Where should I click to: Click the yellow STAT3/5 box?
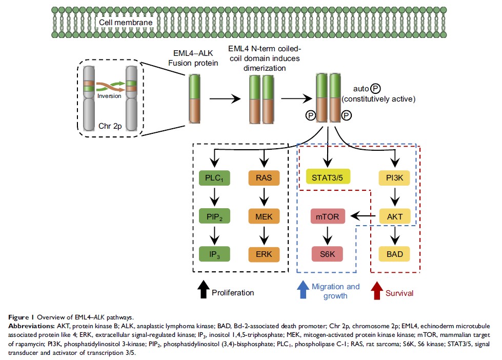(328, 179)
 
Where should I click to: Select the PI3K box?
(394, 179)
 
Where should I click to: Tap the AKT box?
(394, 216)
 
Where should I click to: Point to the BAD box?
(394, 254)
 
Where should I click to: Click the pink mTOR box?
(328, 216)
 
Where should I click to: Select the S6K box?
(328, 254)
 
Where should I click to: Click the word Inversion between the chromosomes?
(109, 95)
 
